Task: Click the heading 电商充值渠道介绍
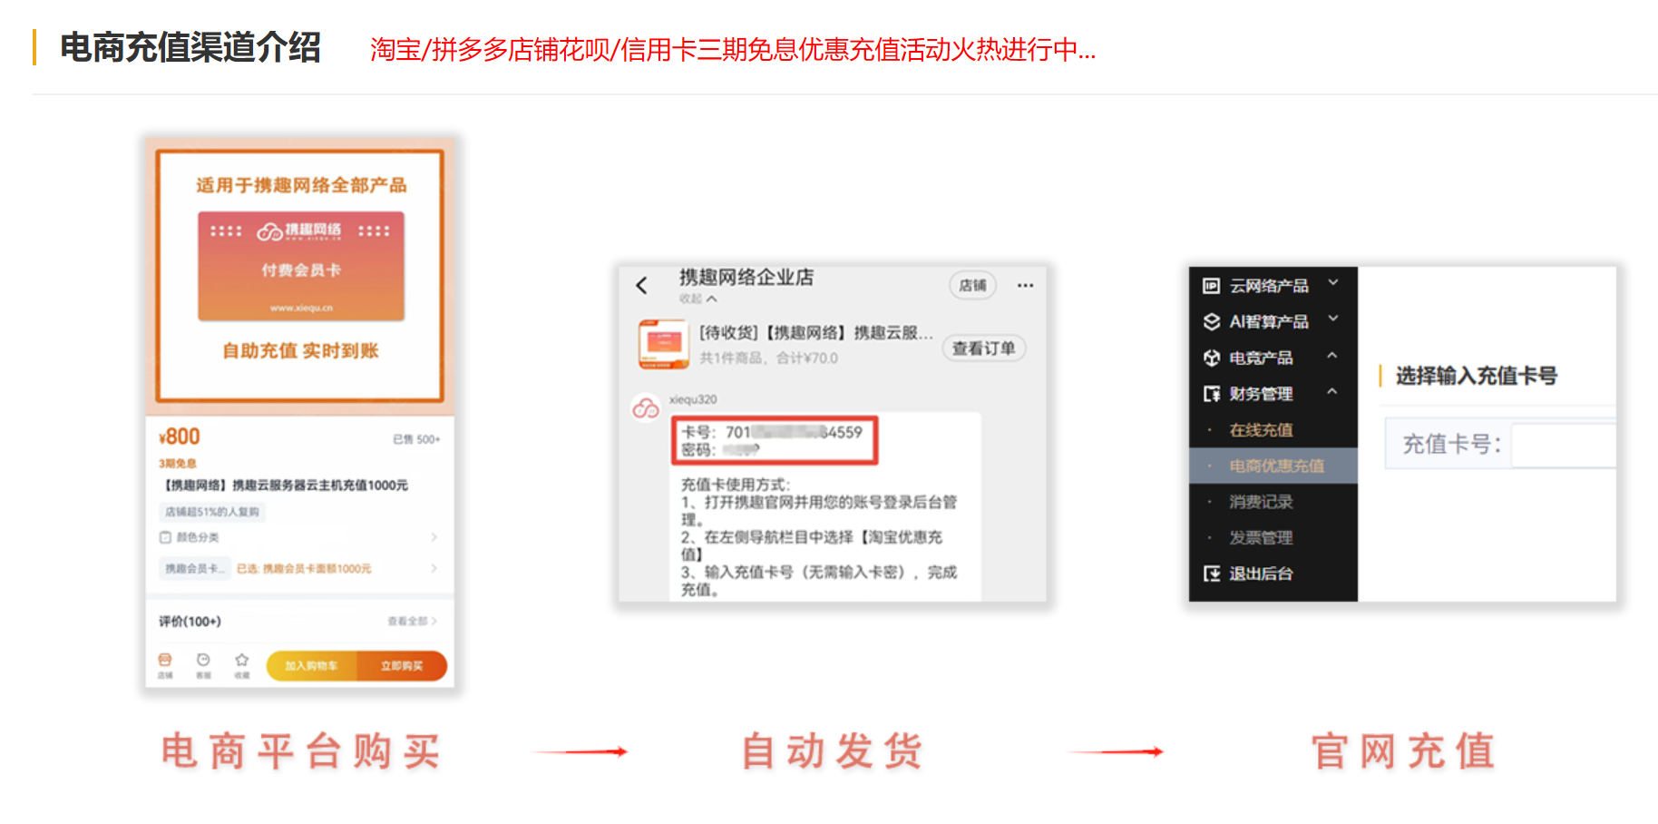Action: click(190, 48)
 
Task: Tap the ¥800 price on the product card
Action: click(180, 437)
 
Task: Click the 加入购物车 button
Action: click(311, 666)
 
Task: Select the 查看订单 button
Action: click(983, 348)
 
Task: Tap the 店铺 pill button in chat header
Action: click(972, 286)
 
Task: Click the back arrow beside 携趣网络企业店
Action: click(642, 286)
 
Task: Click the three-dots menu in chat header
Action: click(1025, 286)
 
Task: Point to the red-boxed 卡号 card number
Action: click(772, 433)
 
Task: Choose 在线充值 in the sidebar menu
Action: click(1261, 430)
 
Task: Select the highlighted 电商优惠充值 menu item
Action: click(1276, 466)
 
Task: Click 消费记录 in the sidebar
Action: click(1261, 502)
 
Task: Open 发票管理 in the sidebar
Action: click(1261, 538)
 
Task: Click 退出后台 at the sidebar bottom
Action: click(1261, 574)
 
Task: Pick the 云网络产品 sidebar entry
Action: click(1268, 286)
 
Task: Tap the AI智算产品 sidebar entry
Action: click(1268, 322)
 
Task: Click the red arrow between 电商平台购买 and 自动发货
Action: click(580, 751)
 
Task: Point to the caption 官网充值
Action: click(1403, 751)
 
